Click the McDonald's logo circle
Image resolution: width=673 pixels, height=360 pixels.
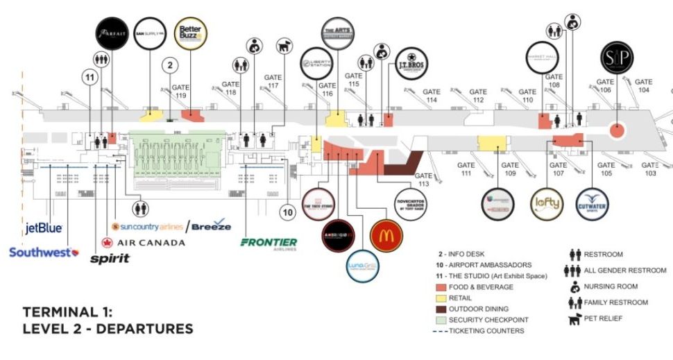386,236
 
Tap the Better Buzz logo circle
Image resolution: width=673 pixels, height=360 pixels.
190,33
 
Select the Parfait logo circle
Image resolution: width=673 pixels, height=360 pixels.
110,33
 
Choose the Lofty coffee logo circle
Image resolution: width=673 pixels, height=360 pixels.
545,205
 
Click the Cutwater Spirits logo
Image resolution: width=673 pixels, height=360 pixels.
591,205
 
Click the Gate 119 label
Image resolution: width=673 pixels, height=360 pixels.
180,92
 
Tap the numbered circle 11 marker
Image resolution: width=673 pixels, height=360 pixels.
89,78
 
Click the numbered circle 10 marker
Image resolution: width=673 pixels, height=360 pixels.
288,212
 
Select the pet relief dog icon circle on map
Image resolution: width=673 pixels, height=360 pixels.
282,46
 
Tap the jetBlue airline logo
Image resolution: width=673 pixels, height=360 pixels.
44,228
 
